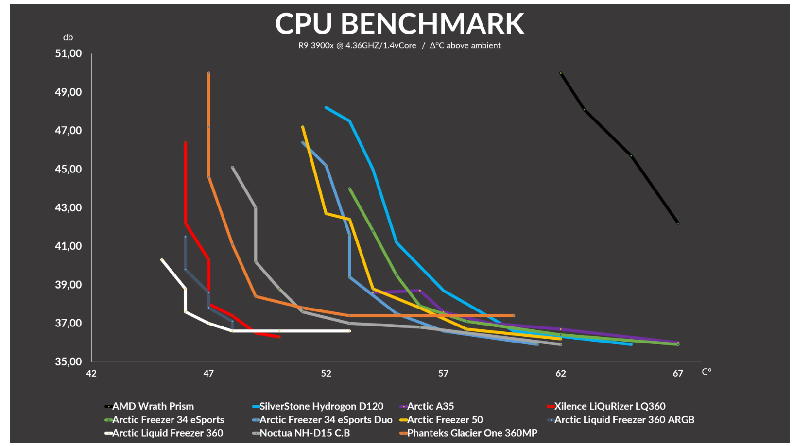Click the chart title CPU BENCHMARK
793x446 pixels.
tap(399, 23)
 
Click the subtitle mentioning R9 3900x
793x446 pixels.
tap(399, 45)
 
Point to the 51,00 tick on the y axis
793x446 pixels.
tap(69, 53)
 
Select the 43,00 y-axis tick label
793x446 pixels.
tap(69, 207)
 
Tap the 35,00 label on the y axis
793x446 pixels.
tap(69, 361)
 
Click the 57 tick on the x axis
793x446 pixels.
tap(443, 373)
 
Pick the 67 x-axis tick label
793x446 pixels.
tap(678, 373)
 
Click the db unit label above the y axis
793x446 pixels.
tap(68, 37)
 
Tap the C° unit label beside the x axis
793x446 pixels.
tap(707, 372)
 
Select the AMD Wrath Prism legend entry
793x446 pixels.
tap(153, 406)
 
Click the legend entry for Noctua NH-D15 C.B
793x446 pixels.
tap(304, 433)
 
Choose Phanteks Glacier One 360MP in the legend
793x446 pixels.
tap(472, 433)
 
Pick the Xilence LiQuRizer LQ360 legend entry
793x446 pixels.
tap(609, 406)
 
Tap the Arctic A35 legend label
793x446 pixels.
tap(430, 406)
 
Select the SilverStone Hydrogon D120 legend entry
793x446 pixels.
tap(321, 406)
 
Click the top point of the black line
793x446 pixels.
tap(561, 73)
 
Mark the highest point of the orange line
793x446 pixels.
tap(209, 73)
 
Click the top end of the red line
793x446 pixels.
tap(186, 142)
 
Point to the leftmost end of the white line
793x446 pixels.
tap(162, 260)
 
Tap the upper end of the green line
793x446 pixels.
tap(349, 189)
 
